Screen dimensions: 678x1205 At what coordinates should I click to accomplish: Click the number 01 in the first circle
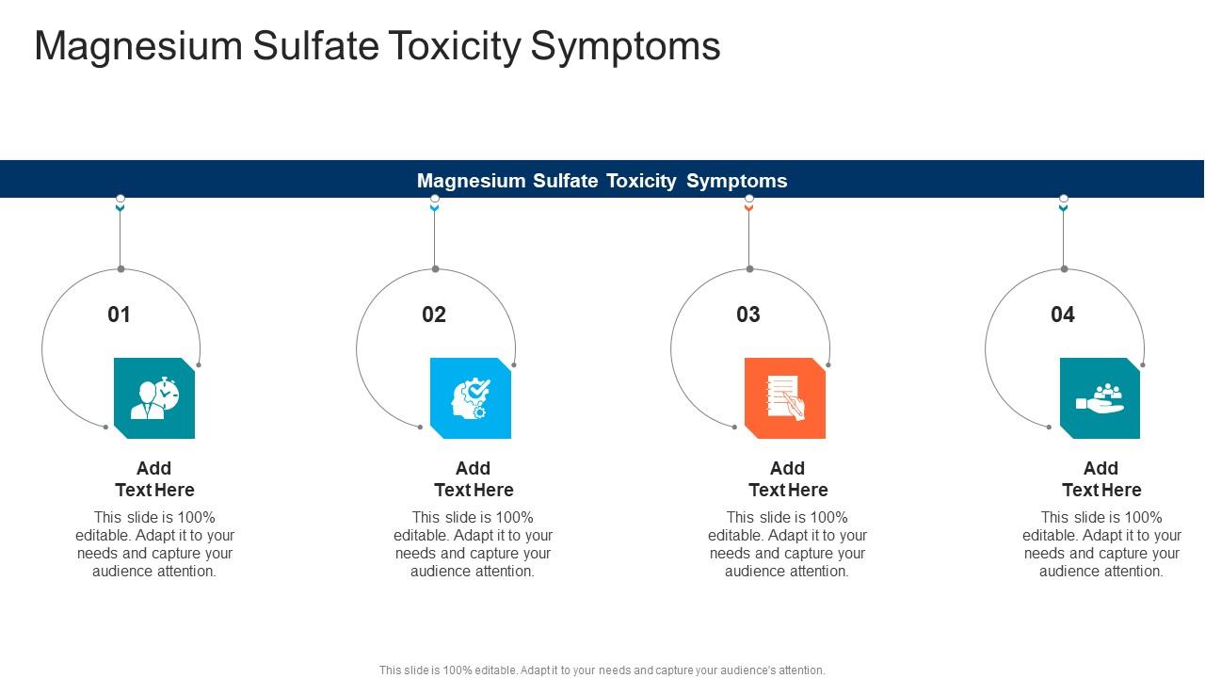[x=120, y=315]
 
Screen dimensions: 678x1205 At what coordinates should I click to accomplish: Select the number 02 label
[x=434, y=315]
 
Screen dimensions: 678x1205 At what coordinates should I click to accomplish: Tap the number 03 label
[x=748, y=315]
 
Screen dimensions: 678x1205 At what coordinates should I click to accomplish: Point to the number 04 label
[x=1063, y=315]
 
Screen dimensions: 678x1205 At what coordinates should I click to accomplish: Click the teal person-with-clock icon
[x=154, y=398]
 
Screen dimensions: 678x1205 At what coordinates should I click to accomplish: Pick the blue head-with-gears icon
[x=471, y=398]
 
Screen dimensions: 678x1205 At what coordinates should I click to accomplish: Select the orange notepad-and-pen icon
[x=785, y=398]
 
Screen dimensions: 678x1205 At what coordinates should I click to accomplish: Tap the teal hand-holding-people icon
[x=1100, y=398]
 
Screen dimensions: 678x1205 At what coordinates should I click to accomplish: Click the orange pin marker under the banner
[x=749, y=203]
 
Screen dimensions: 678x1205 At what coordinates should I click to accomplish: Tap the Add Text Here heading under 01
[x=154, y=478]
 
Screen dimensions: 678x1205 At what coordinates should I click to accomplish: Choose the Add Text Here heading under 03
[x=788, y=478]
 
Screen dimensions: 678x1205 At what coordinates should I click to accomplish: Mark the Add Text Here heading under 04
[x=1101, y=478]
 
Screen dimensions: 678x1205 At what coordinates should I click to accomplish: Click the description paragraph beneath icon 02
[x=474, y=543]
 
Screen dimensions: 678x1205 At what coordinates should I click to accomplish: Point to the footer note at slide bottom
[x=602, y=670]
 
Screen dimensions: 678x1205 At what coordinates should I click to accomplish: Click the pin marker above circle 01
[x=120, y=203]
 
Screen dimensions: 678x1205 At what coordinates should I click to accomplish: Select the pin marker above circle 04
[x=1064, y=203]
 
